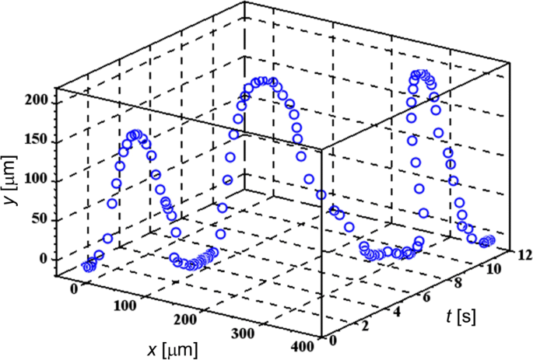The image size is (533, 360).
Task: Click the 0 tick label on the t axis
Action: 334,340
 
